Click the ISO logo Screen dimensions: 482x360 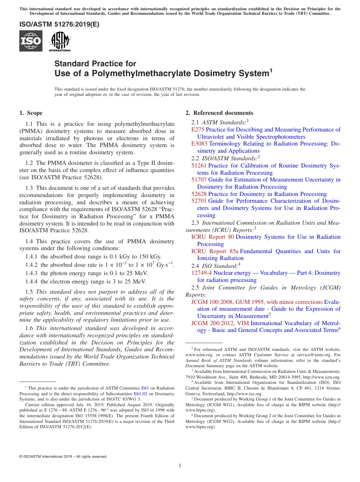31,41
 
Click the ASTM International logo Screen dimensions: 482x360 60,41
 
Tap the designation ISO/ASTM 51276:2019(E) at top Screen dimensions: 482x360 59,24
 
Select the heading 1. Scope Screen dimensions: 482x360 31,113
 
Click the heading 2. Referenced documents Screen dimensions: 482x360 219,113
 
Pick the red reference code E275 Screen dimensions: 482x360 198,130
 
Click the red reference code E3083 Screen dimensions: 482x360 199,144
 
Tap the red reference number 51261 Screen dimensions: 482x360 199,166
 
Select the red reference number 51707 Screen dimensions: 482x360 199,180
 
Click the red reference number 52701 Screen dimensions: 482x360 199,201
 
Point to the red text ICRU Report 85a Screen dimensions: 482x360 214,251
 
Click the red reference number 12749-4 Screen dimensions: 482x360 201,273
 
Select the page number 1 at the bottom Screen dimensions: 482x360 180,465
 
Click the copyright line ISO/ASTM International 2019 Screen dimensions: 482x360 63,457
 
